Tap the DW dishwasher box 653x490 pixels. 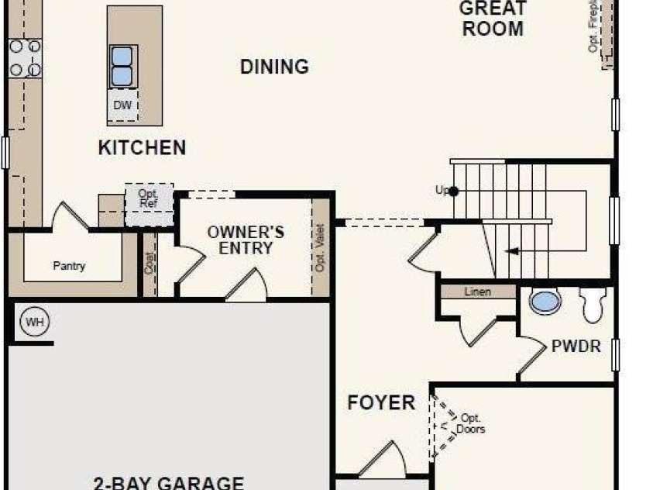[x=122, y=105]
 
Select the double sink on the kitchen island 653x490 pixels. [x=122, y=66]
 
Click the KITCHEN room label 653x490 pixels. [x=142, y=147]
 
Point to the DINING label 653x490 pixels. [x=274, y=67]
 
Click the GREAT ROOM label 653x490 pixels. [x=493, y=19]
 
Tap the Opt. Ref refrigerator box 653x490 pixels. [x=148, y=198]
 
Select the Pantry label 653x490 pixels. [x=69, y=266]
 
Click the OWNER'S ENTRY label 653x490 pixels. [x=246, y=240]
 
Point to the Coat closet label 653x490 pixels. [x=150, y=263]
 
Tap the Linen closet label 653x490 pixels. [x=478, y=292]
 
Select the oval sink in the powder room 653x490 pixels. [x=545, y=302]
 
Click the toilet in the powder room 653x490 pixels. [x=593, y=305]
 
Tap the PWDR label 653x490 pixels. [x=576, y=347]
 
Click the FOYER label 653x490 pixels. [x=381, y=403]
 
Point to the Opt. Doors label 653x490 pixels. [x=470, y=423]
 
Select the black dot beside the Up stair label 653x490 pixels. [x=455, y=191]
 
